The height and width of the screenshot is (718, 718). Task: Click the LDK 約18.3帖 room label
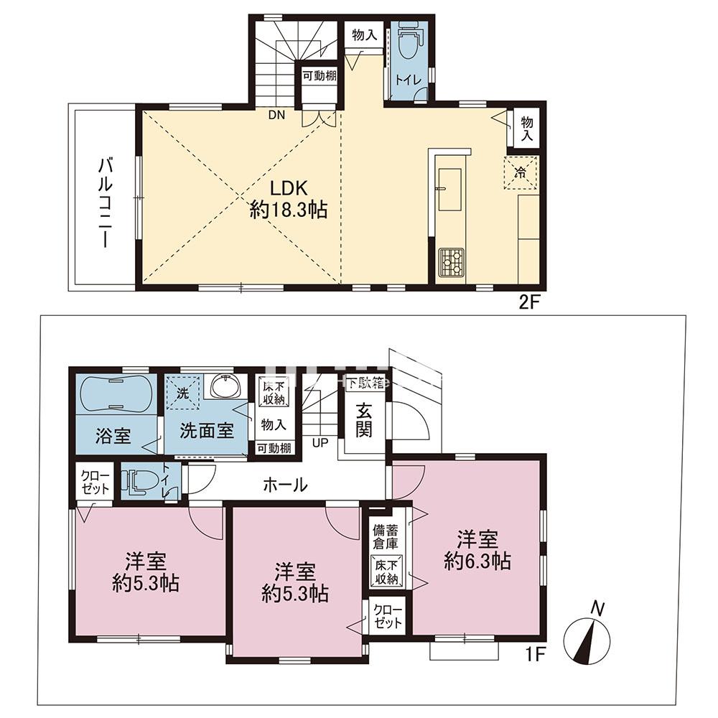[x=289, y=199]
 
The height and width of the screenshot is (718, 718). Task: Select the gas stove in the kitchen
[x=451, y=263]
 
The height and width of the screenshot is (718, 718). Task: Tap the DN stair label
[x=276, y=115]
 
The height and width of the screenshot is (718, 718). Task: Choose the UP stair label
[x=320, y=442]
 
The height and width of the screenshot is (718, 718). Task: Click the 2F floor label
[x=528, y=302]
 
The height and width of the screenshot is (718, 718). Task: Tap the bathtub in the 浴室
[x=114, y=393]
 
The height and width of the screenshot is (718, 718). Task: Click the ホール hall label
[x=286, y=485]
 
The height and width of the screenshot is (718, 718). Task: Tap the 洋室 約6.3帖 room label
[x=477, y=549]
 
